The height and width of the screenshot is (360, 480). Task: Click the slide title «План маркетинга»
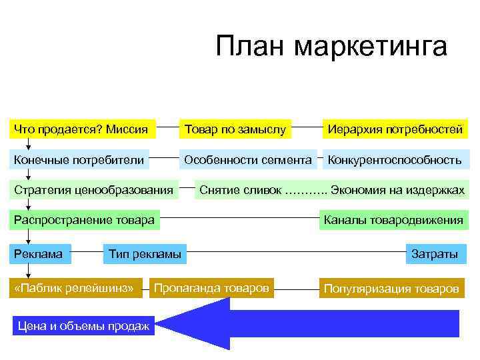coord(331,47)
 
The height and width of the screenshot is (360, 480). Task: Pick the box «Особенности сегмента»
coord(247,160)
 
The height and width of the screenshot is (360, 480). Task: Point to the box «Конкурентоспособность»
coord(394,160)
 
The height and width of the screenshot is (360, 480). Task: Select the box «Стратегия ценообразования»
coord(94,190)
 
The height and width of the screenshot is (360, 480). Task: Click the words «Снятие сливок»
coord(241,190)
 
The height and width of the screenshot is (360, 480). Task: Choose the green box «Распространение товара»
coord(85,221)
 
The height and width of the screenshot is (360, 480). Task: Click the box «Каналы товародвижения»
coord(393,221)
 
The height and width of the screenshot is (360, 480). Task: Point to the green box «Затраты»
coord(435,254)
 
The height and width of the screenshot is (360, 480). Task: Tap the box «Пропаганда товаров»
coord(211,288)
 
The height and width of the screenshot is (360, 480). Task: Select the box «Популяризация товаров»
coord(391,289)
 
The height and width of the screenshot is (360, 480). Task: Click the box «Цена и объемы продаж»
coord(83,326)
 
